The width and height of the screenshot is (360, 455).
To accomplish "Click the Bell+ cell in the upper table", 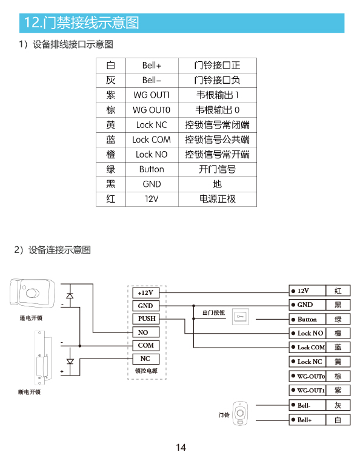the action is click(x=152, y=66).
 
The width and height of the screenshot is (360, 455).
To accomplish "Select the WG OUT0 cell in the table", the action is click(x=152, y=110).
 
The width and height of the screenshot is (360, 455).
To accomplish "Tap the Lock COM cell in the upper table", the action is click(x=152, y=140).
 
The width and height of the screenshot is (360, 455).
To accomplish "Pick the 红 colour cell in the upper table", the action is click(x=111, y=199).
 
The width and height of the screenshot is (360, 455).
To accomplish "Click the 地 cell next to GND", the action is click(x=218, y=184).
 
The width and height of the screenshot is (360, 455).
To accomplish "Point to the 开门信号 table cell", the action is click(x=218, y=169).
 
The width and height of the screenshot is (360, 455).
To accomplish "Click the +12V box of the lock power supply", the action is click(x=146, y=293).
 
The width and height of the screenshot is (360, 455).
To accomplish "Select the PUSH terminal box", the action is click(x=146, y=318).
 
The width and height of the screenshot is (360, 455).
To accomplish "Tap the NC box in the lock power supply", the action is click(x=146, y=359).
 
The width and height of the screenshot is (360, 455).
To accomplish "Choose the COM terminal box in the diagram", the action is click(x=146, y=345).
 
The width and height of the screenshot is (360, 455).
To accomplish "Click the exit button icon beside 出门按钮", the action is click(x=241, y=317).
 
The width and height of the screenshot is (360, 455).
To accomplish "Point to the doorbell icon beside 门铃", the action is click(x=240, y=413).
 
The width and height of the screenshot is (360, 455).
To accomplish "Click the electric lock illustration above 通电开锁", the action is click(x=32, y=293).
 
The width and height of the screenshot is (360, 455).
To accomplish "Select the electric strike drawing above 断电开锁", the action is click(x=42, y=357).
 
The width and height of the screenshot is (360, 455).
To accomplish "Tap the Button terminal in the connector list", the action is click(x=307, y=319).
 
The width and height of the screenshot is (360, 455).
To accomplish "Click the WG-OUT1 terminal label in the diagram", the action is click(x=307, y=390).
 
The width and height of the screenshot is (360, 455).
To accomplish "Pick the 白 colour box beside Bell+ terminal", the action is click(x=338, y=420).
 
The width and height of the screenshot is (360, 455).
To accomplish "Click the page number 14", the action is click(x=181, y=447).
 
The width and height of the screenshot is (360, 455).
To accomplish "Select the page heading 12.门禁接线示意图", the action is click(x=81, y=22).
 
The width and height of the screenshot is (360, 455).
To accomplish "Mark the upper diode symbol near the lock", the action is click(x=70, y=295).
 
